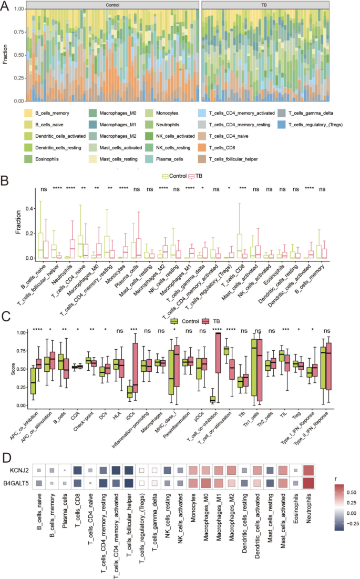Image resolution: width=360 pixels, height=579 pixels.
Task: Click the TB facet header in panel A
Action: tap(265, 5)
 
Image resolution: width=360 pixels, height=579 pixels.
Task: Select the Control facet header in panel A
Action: tap(112, 5)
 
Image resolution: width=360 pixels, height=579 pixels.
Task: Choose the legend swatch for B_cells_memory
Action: tap(28, 113)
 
